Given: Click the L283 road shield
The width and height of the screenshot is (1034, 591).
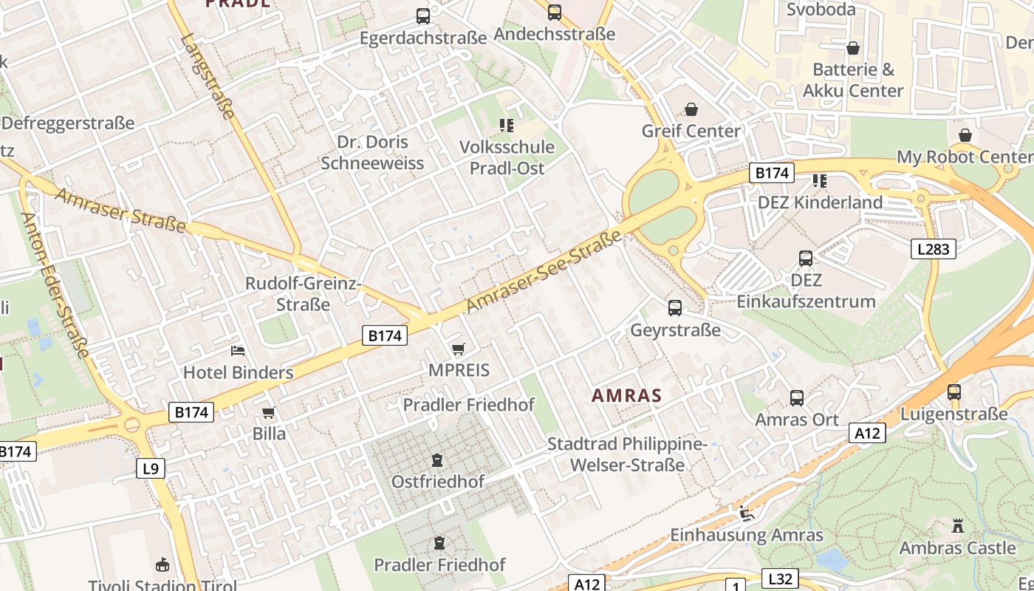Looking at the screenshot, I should tap(933, 248).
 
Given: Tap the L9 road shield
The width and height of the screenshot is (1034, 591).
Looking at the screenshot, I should tap(150, 468).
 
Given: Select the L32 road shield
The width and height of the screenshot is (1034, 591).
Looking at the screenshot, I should tap(779, 578).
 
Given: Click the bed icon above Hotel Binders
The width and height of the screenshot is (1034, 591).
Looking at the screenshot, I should tap(238, 350).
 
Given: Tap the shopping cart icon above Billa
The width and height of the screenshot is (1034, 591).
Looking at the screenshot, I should tap(269, 412).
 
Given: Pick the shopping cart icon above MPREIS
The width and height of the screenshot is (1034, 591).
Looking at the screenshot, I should tap(459, 349).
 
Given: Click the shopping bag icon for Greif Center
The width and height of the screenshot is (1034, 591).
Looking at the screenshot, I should tap(691, 110).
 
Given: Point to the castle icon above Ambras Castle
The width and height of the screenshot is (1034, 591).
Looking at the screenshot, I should tap(958, 527).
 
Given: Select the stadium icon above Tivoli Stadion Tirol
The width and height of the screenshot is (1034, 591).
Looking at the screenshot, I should tap(162, 566).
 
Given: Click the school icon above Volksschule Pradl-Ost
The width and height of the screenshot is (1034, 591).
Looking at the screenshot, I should tap(506, 126).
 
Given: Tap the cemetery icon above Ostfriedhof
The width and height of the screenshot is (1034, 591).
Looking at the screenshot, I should tap(437, 460).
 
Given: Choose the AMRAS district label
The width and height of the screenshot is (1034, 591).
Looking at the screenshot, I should tap(626, 395).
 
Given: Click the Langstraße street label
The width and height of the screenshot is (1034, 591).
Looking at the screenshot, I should tap(207, 76).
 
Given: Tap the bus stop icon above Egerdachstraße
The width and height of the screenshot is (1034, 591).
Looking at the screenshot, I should tap(423, 16).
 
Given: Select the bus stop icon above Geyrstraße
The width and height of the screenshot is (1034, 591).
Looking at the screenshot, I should tap(675, 308).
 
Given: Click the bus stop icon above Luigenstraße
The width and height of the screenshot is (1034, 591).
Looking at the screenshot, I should tap(954, 392).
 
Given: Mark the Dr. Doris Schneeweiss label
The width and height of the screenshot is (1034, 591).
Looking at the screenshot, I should tap(372, 152).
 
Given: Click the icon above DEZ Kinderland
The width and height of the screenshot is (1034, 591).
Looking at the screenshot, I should tap(819, 181).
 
